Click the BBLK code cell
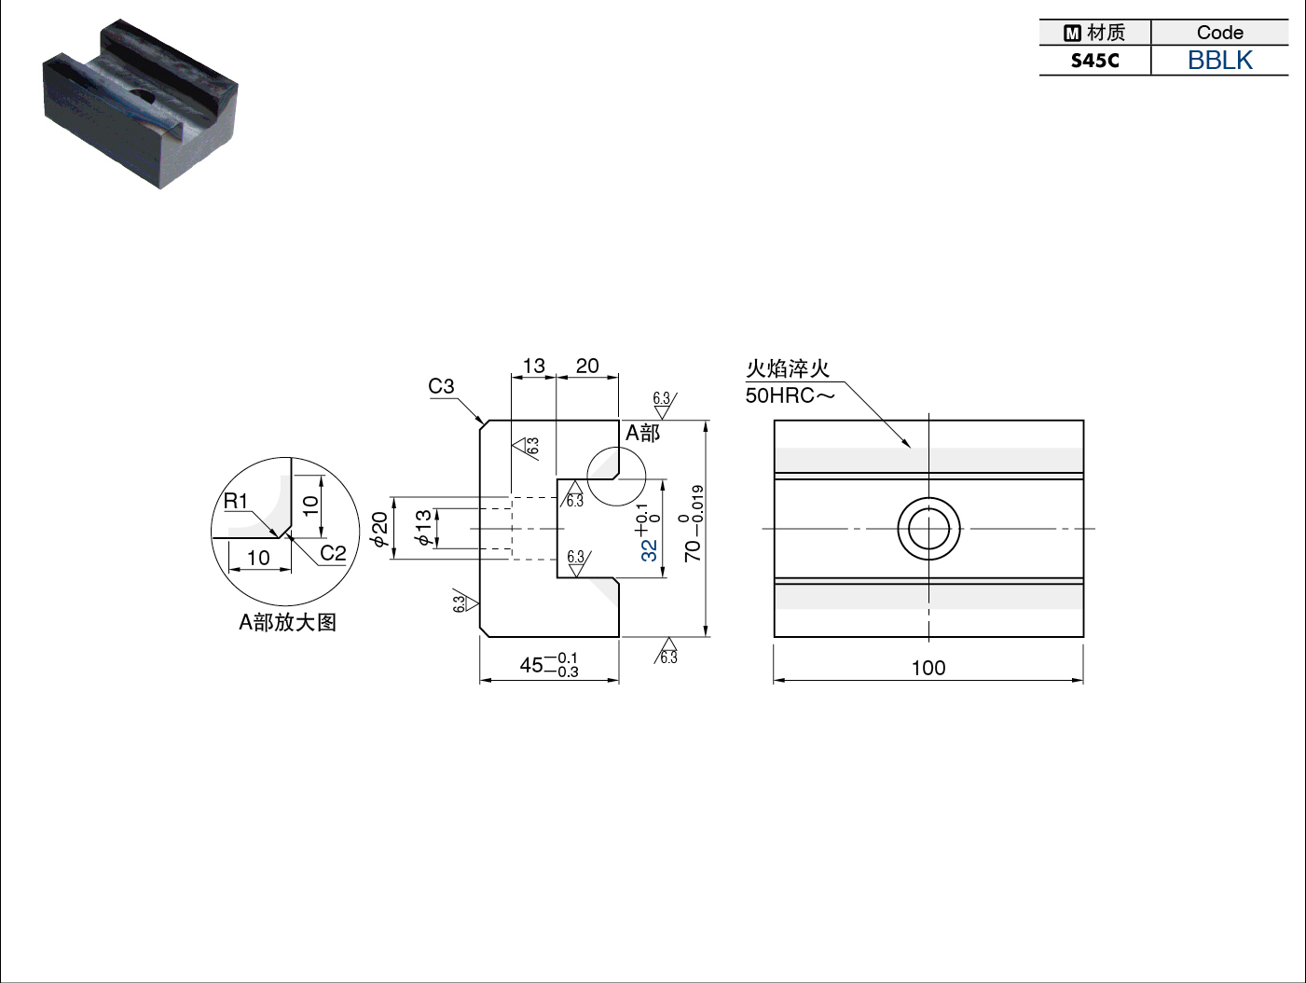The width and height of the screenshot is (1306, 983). coord(1219,60)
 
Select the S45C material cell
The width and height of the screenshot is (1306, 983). coord(1094,60)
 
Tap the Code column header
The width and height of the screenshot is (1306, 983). coord(1219,32)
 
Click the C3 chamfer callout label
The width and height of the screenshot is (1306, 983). coord(441,386)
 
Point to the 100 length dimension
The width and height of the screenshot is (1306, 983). coord(928,668)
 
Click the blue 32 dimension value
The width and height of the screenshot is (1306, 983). coord(649,550)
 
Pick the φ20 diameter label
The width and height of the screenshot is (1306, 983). coord(378,529)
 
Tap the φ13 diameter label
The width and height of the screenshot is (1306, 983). coord(422,527)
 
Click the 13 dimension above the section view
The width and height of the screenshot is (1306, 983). coord(533,366)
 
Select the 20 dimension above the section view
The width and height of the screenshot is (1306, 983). coord(586,366)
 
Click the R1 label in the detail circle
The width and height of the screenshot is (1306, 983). coord(235,501)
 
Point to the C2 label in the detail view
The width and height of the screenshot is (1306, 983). coord(333,553)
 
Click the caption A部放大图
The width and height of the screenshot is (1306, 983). coord(287,622)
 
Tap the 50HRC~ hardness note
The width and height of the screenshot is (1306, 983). coord(790,395)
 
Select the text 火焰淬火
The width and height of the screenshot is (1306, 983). coord(787,369)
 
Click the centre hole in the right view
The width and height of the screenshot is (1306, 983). coord(928,529)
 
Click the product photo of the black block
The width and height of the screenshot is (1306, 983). coord(141,104)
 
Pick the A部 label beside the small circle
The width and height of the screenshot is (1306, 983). coord(642,433)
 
